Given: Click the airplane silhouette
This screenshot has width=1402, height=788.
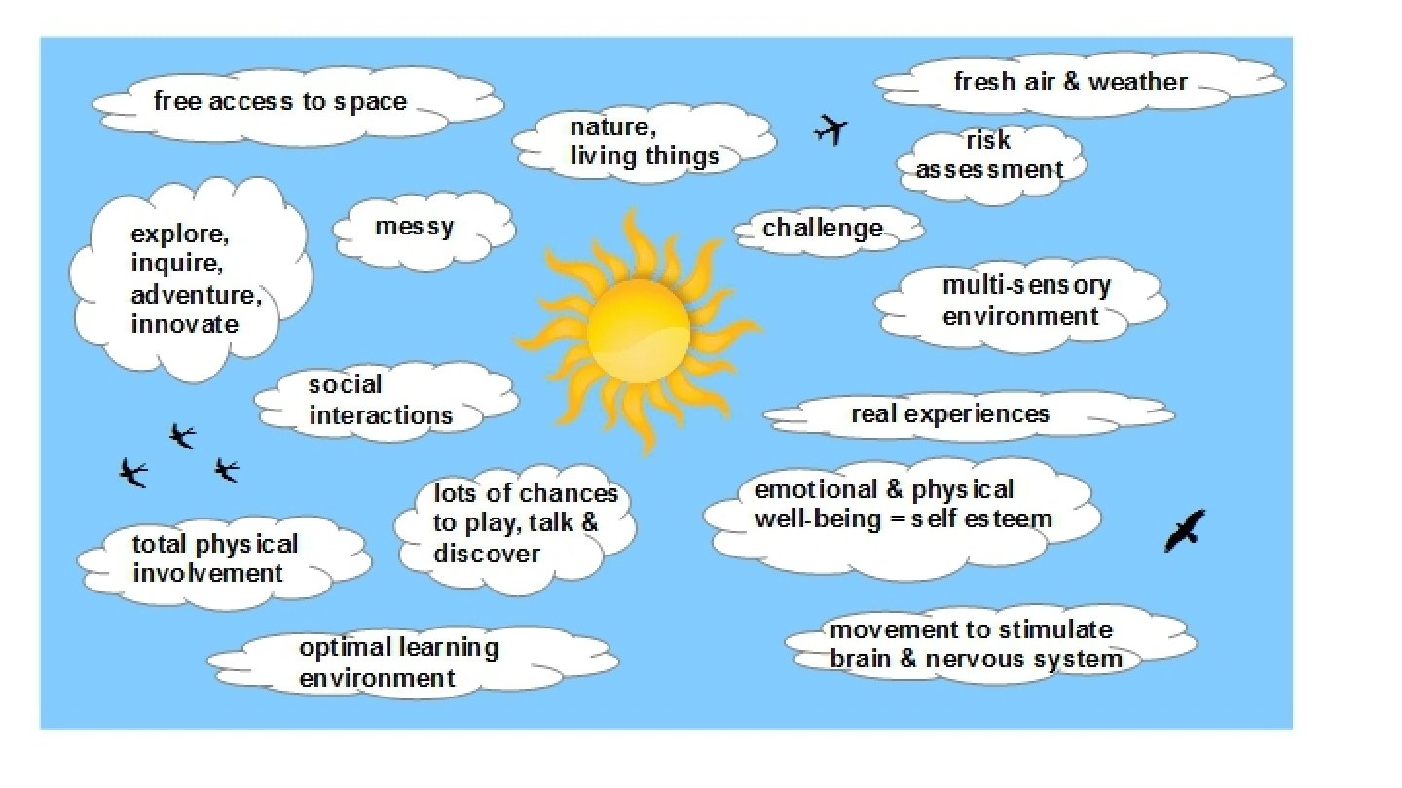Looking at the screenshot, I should [x=830, y=128].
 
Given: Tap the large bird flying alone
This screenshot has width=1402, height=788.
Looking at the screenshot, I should [x=1185, y=530].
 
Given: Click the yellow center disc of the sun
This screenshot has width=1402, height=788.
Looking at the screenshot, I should [x=639, y=331].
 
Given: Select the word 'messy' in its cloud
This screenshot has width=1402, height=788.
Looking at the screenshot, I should [x=414, y=228].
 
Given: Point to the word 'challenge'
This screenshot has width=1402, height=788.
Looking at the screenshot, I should [x=823, y=229].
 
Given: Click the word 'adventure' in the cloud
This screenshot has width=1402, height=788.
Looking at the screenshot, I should [x=197, y=295].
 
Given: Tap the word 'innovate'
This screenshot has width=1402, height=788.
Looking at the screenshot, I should [x=185, y=324].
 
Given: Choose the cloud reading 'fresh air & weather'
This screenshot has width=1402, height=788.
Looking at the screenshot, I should [x=1070, y=83].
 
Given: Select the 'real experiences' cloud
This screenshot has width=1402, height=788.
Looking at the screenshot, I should [x=950, y=414].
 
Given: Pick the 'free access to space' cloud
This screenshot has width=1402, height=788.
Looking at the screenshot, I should [x=280, y=101].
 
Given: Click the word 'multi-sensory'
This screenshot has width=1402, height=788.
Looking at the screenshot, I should [x=1026, y=286].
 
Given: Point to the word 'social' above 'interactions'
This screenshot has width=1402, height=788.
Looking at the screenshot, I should [x=345, y=385].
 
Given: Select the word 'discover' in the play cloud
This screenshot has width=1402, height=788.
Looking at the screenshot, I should [x=487, y=554].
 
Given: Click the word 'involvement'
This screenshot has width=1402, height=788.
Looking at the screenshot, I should [x=207, y=573].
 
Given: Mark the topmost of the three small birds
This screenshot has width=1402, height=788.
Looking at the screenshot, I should [x=182, y=435].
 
